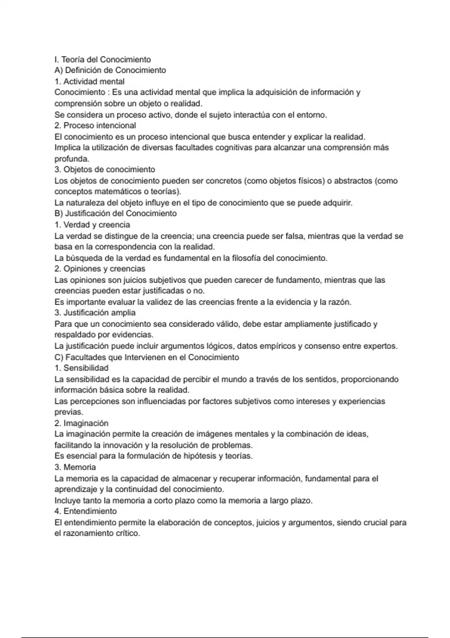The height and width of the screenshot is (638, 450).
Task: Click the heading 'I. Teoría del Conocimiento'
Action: (102, 59)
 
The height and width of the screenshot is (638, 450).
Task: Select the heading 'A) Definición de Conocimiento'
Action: (110, 70)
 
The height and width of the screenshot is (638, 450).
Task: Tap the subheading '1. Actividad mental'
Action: (89, 81)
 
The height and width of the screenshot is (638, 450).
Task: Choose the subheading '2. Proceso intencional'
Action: (95, 125)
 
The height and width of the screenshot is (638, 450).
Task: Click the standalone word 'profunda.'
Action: (72, 159)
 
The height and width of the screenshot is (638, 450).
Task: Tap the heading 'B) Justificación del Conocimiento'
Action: (115, 214)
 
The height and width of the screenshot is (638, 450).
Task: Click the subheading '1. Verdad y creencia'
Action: (92, 225)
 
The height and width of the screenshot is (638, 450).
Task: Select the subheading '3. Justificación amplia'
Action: (95, 313)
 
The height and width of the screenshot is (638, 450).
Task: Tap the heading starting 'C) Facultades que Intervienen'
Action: (147, 357)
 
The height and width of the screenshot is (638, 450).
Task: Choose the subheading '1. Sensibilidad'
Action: (81, 368)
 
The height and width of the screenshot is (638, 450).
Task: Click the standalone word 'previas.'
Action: (69, 412)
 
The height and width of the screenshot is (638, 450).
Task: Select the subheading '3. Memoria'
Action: (75, 467)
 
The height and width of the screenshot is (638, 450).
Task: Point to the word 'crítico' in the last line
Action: (127, 533)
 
